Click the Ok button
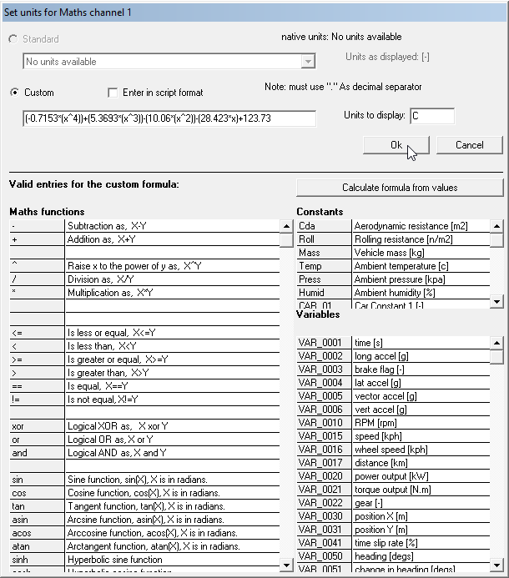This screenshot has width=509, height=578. [x=396, y=145]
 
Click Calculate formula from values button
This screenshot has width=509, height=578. [x=400, y=187]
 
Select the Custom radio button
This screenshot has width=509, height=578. [x=15, y=93]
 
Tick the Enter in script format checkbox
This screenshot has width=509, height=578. [x=113, y=93]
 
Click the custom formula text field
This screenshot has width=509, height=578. [x=169, y=118]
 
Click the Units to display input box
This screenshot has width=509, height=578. [x=431, y=116]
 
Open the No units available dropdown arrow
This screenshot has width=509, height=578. [x=309, y=62]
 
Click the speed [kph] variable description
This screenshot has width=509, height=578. [x=421, y=436]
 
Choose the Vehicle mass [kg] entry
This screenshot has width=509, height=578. [x=421, y=253]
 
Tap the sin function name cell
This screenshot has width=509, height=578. [x=37, y=479]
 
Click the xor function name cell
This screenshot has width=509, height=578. [x=37, y=425]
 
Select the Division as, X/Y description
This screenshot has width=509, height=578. [x=171, y=279]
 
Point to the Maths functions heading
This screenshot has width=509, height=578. [x=47, y=212]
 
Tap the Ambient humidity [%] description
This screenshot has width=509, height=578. [x=421, y=293]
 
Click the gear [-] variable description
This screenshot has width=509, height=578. [x=421, y=503]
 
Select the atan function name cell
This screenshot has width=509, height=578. [x=37, y=545]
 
